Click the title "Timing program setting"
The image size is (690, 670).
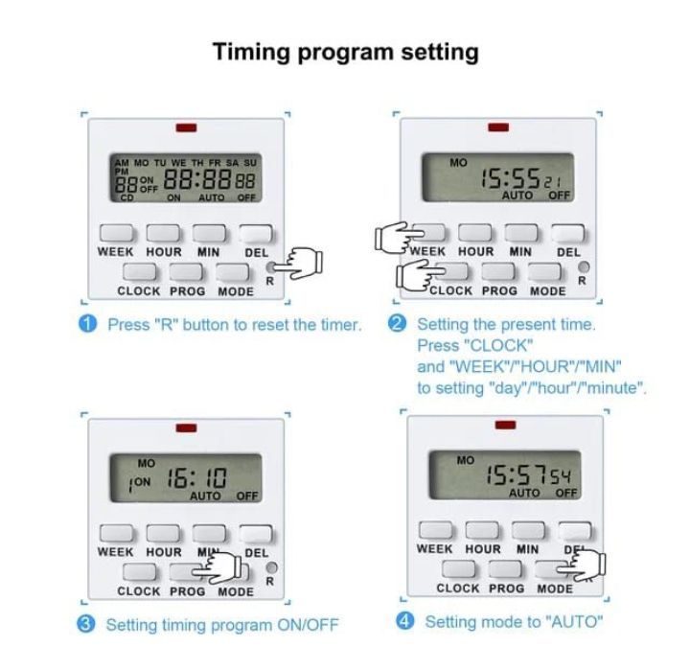345,52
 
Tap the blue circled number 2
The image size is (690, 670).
398,324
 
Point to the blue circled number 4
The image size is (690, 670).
406,621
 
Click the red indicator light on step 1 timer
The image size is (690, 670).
186,127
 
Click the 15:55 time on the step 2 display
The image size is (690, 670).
508,179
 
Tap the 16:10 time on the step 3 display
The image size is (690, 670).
188,479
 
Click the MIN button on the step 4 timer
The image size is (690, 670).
527,530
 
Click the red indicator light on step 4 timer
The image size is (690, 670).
505,425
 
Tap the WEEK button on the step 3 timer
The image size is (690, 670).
115,534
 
